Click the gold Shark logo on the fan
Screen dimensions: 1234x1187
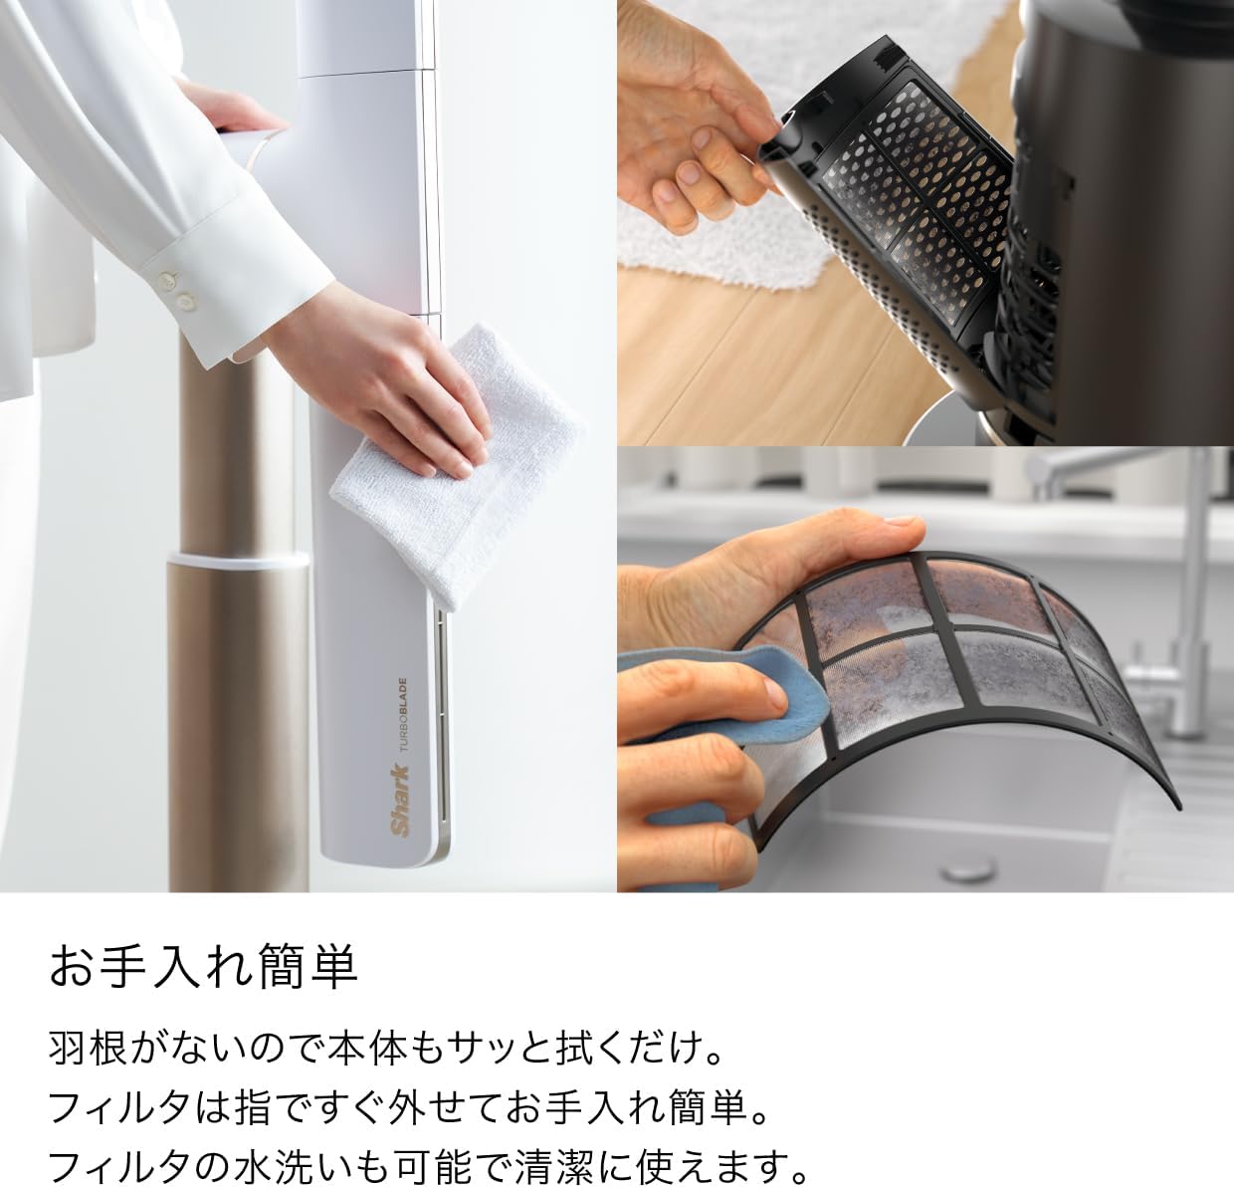point(401,802)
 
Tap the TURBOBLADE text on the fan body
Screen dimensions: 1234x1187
point(403,715)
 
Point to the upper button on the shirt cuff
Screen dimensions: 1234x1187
point(168,280)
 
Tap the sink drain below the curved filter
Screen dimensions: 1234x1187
point(969,868)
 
